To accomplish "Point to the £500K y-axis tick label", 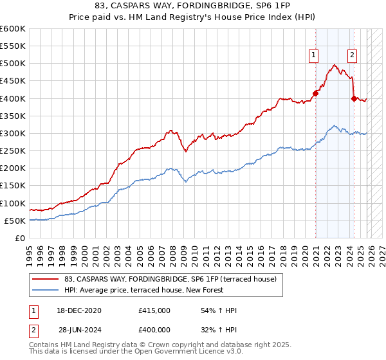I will click(x=13, y=64).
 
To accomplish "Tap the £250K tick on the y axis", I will click(x=13, y=151).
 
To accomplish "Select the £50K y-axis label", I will click(x=15, y=221).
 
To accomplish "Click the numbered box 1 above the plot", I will click(x=313, y=56).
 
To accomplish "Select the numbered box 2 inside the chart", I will click(x=353, y=56).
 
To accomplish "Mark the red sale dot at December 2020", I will click(x=316, y=93).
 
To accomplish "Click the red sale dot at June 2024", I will click(x=354, y=98).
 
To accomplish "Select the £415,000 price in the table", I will click(x=154, y=310).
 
